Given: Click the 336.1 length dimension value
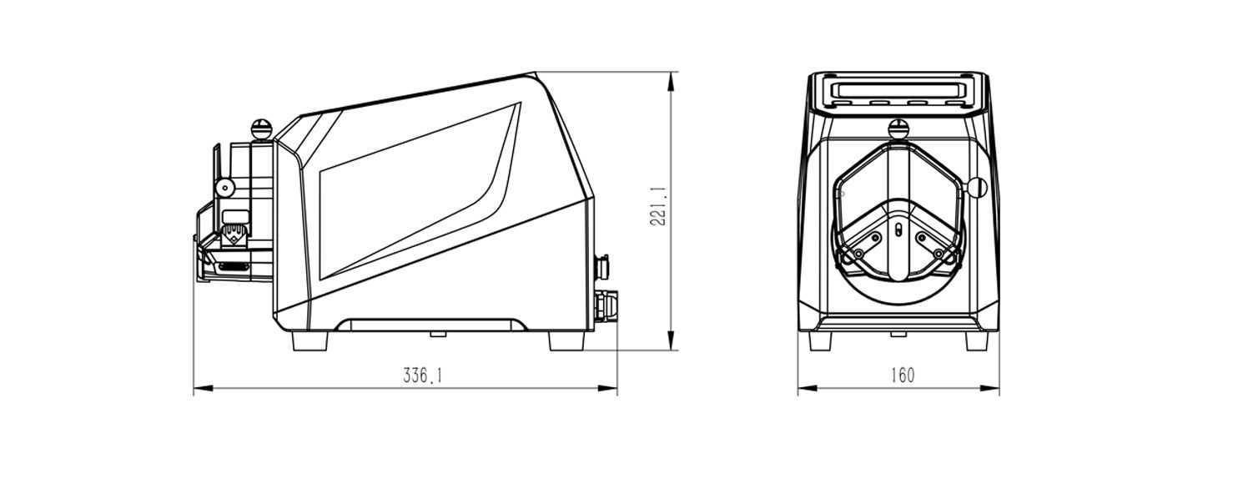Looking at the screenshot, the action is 423,376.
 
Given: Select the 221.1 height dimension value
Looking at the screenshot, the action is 658,206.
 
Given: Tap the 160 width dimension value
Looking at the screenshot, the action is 903,376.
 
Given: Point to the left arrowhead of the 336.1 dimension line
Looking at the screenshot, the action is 203,389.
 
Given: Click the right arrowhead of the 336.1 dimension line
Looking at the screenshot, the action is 608,389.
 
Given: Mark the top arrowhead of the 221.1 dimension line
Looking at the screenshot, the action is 671,81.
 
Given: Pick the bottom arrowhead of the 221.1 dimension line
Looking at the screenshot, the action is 671,340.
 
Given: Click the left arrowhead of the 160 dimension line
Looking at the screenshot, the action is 808,389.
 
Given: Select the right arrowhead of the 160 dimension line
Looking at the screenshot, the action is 990,389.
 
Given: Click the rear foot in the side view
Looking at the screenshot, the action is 566,341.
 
